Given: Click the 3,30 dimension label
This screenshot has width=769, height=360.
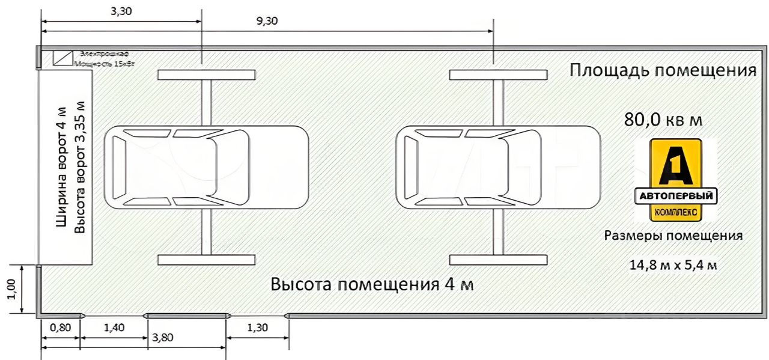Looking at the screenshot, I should point(121,12).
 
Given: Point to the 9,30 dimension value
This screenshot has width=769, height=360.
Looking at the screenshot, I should point(267,21).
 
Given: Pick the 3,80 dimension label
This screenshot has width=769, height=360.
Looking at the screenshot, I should point(162,338).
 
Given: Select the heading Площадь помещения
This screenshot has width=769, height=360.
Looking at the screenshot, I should point(662,70).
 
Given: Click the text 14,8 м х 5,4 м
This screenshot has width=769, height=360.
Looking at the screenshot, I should point(672,265).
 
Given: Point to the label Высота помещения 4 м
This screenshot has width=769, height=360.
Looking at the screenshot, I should point(372,284).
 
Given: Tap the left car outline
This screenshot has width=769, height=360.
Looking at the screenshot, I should point(206,167).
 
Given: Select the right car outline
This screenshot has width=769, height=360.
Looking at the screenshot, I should point(498,167).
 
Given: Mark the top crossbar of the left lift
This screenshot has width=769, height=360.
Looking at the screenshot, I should point(206,75).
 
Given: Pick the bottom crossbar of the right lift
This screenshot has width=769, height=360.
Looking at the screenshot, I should point(498,260).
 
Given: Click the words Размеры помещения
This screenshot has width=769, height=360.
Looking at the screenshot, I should point(673,236).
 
